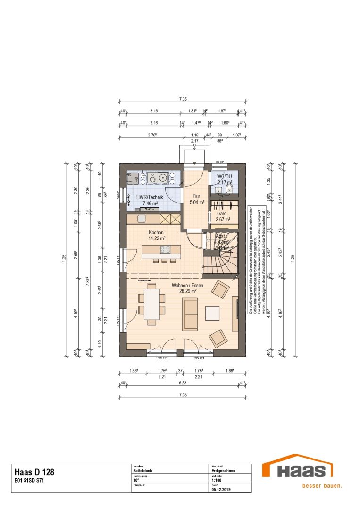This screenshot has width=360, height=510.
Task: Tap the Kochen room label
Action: click(156, 232)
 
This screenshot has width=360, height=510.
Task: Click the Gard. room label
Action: click(222, 213)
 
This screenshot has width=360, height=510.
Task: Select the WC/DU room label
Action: click(225, 176)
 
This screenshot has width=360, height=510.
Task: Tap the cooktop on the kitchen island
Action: click(166, 250)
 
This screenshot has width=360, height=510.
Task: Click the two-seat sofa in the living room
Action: click(191, 314)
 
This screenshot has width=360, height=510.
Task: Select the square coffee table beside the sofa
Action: click(212, 314)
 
